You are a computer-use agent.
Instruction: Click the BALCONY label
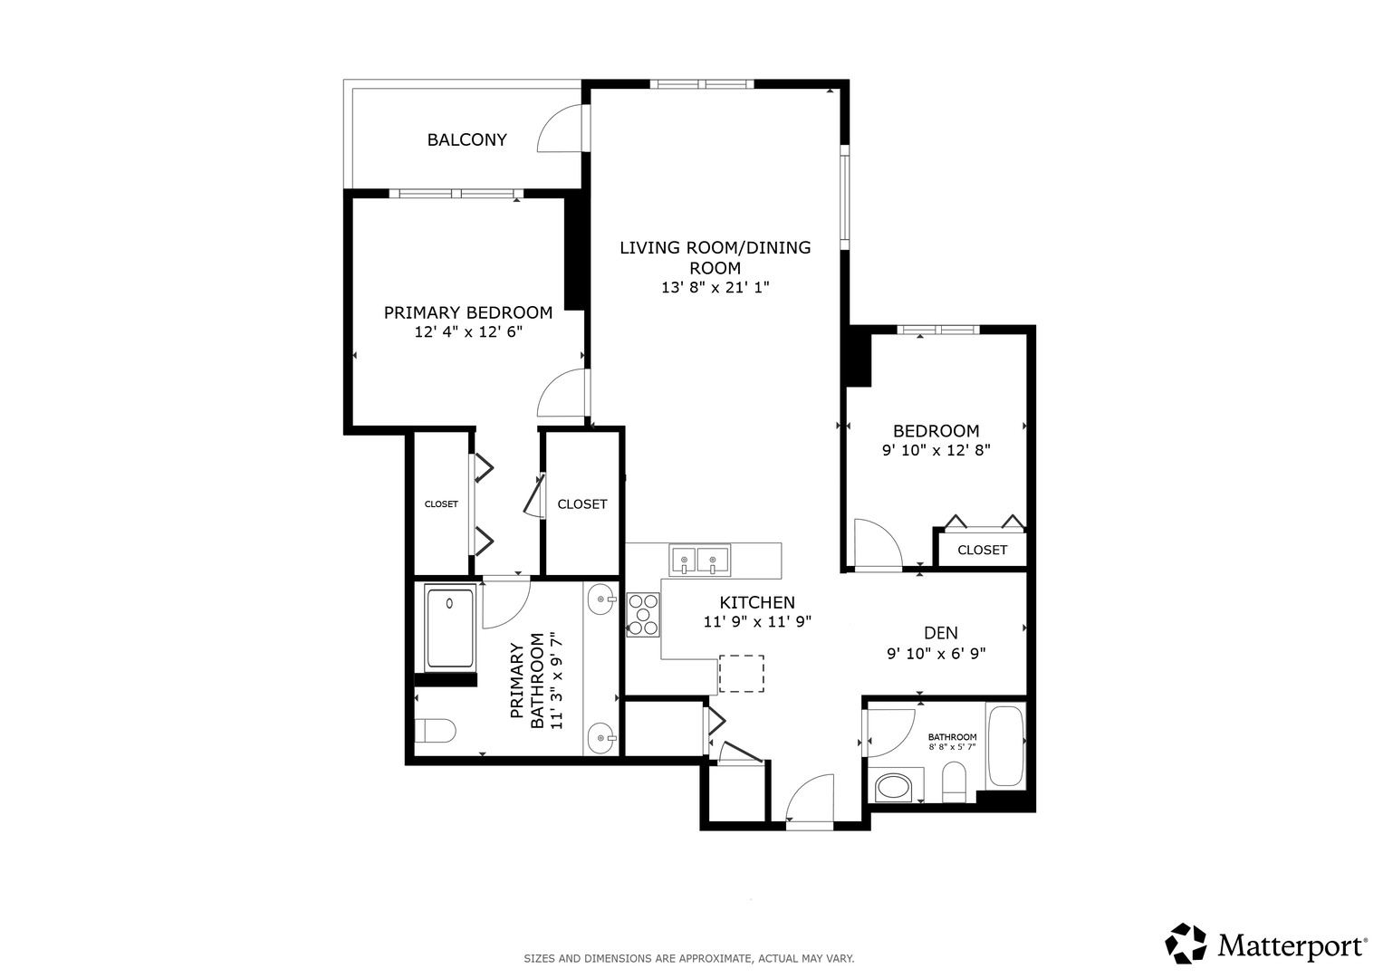[x=466, y=139]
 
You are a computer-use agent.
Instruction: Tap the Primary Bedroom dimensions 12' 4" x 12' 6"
[x=468, y=332]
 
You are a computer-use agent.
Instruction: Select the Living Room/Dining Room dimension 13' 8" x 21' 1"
[x=715, y=288]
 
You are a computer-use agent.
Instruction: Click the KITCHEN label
[x=757, y=602]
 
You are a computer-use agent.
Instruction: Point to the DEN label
[x=940, y=633]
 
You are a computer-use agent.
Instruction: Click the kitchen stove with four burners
[x=643, y=614]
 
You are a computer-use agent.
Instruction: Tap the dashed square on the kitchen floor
[x=741, y=674]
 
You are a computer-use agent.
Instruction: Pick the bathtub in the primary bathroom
[x=450, y=628]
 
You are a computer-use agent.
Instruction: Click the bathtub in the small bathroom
[x=1004, y=746]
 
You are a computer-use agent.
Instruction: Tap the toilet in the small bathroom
[x=954, y=781]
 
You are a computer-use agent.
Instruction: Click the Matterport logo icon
[x=1186, y=944]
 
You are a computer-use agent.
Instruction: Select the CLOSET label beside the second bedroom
[x=982, y=550]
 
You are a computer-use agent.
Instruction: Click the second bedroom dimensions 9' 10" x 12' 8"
[x=936, y=450]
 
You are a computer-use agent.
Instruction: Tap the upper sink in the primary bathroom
[x=601, y=599]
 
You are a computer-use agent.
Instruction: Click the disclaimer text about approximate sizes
[x=689, y=958]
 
